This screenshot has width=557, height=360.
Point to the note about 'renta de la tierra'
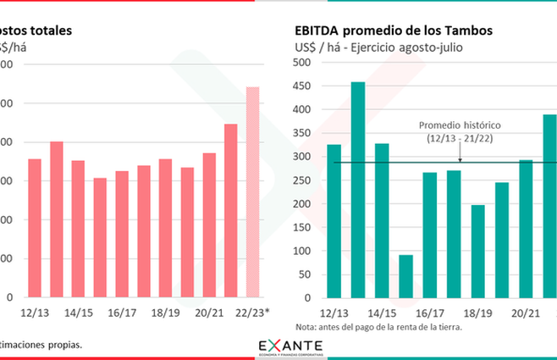(x=379, y=327)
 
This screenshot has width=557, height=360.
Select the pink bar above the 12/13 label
(x=35, y=228)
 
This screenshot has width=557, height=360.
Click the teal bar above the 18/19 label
(x=478, y=252)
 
